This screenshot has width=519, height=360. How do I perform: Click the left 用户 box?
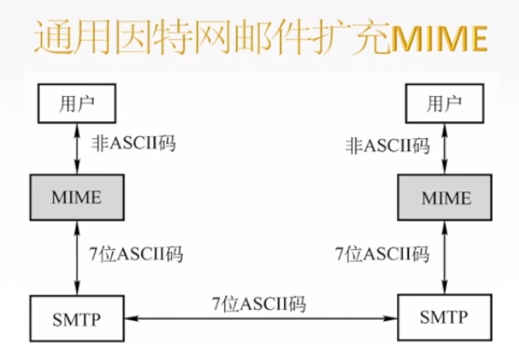77,103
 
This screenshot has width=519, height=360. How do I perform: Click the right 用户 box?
445,103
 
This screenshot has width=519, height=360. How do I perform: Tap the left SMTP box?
77,317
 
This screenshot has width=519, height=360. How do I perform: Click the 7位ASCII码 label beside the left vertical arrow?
136,254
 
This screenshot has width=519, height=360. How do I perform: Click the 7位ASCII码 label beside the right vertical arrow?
383,254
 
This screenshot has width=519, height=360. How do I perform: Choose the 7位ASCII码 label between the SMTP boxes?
259,304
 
